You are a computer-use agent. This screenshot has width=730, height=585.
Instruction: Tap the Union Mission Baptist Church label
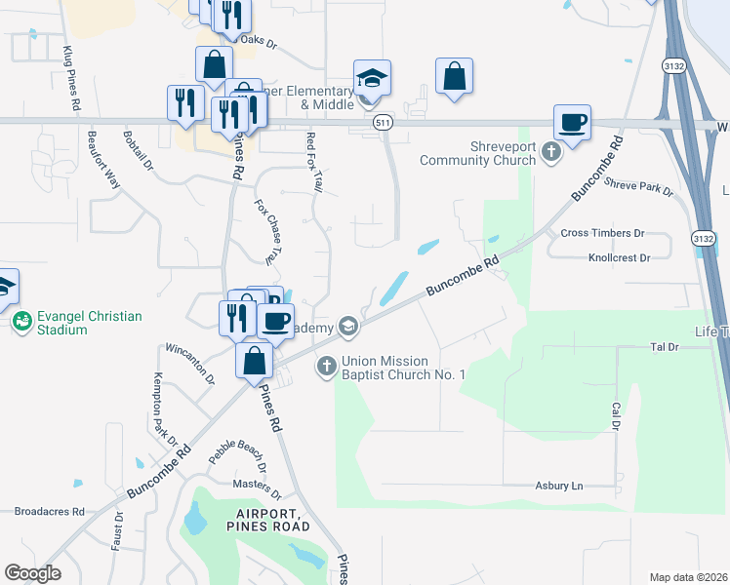click(403, 368)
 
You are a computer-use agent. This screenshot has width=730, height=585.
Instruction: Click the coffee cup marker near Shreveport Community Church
click(572, 123)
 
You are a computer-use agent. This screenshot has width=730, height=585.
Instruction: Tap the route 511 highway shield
click(383, 122)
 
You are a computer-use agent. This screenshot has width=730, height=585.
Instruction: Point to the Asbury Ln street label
click(558, 486)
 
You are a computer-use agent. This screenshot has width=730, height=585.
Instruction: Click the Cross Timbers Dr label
click(603, 233)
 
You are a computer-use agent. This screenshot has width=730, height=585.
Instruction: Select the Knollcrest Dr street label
click(619, 258)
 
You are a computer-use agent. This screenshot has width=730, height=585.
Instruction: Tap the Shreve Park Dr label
click(639, 186)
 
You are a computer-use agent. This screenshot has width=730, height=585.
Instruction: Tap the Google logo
click(33, 573)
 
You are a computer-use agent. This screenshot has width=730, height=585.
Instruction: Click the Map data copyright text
click(688, 576)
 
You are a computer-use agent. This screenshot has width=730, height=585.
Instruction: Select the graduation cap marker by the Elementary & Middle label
click(372, 77)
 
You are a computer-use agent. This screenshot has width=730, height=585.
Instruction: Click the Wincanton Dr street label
click(188, 360)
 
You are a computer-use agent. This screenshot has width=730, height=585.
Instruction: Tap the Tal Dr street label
click(664, 346)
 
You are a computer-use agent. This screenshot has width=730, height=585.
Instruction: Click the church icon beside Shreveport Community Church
click(551, 151)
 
